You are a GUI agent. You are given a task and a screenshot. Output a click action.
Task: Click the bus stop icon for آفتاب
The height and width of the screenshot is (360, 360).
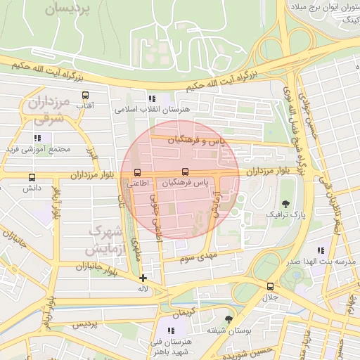pyautogui.click(x=85, y=96)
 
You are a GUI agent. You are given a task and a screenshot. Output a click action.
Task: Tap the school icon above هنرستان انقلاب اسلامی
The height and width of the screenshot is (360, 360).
pyautogui.click(x=151, y=98)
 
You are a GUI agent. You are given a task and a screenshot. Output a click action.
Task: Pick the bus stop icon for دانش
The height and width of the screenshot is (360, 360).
pyautogui.click(x=32, y=178)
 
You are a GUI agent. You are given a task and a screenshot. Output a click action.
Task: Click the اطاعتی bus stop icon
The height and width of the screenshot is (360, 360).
pyautogui.click(x=136, y=172)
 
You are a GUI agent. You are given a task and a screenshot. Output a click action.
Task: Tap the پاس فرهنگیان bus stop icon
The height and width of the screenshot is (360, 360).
pyautogui.click(x=185, y=172)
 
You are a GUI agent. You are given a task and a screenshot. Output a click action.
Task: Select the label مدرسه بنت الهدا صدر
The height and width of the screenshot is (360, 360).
pyautogui.click(x=319, y=262)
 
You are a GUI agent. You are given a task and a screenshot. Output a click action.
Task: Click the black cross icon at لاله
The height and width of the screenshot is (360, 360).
pyautogui.click(x=143, y=278)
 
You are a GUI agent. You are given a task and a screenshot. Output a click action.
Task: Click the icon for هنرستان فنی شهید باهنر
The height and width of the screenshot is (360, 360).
pyautogui.click(x=171, y=330)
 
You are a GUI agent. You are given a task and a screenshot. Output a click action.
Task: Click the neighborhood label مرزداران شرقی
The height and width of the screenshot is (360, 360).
pyautogui.click(x=46, y=110)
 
